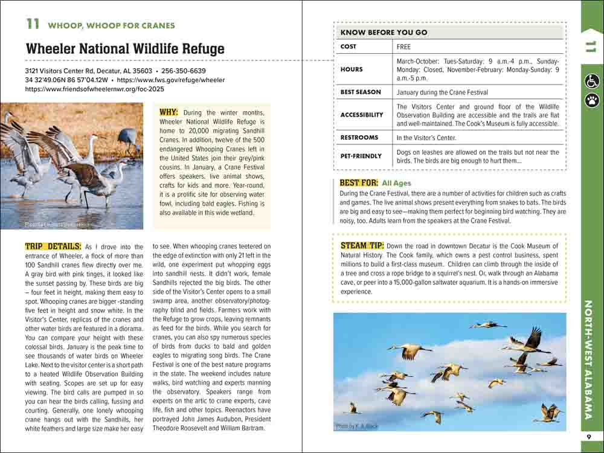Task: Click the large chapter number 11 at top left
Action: tap(33, 24)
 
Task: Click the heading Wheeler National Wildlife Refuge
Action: tap(125, 49)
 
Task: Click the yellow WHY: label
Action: tap(169, 112)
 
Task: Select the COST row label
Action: tap(349, 47)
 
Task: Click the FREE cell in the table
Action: tap(403, 47)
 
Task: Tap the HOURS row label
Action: tap(352, 69)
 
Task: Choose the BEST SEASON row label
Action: tap(361, 92)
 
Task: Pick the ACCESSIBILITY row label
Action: tap(362, 115)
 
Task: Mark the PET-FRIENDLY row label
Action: tap(361, 156)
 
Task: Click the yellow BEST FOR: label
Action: tap(359, 182)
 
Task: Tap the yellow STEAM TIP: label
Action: tap(362, 246)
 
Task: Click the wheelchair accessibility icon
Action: tap(591, 80)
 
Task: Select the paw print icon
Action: tap(591, 99)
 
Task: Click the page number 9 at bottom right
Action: tap(589, 437)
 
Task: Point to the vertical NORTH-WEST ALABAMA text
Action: tap(591, 360)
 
